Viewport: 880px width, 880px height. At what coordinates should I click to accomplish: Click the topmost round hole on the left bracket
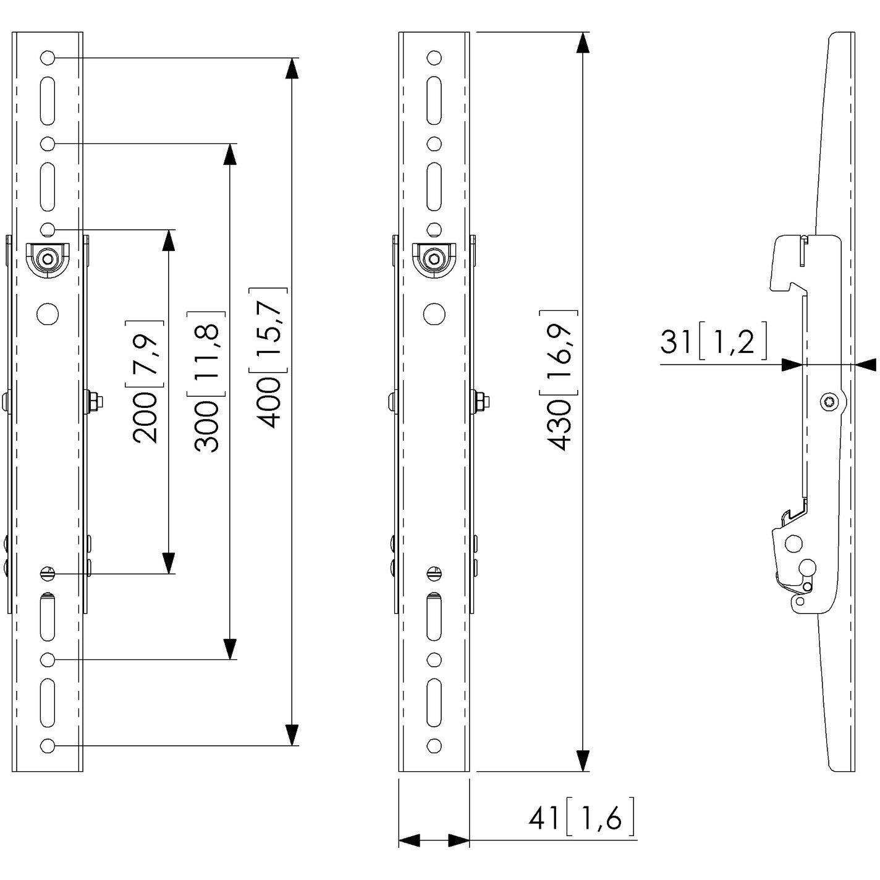point(47,58)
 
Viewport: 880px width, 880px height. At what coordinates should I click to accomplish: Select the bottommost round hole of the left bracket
point(47,745)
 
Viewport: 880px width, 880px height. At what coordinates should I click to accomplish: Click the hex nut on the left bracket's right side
point(96,402)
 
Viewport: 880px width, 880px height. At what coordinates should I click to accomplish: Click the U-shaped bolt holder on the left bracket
point(47,260)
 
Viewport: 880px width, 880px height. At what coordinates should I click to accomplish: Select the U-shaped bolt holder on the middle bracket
point(434,258)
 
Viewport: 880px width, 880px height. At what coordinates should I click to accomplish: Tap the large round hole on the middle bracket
point(434,315)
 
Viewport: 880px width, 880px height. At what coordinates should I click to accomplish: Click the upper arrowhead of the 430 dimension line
point(582,43)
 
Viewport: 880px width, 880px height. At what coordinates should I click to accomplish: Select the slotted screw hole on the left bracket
point(47,573)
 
